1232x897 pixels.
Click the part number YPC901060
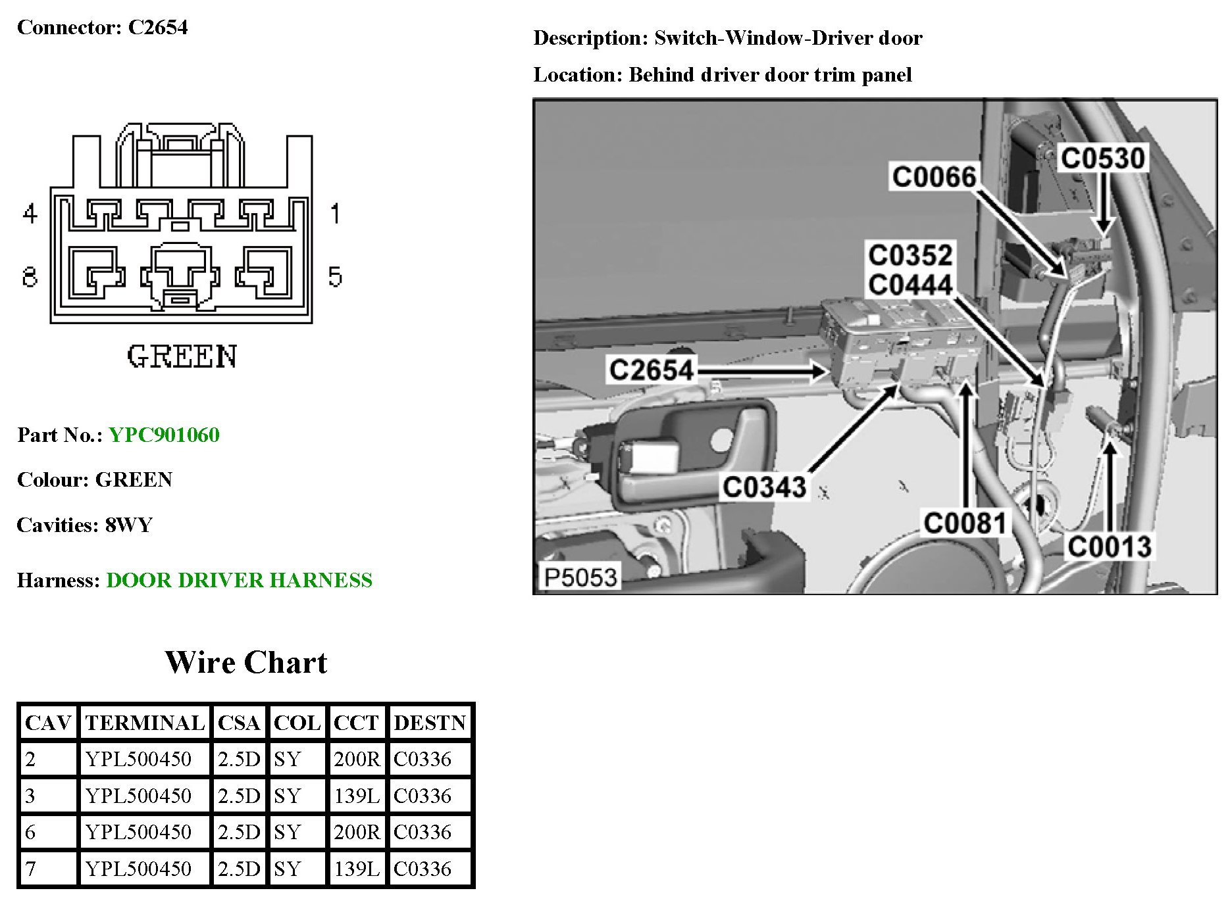(164, 435)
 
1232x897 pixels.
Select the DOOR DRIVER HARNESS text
(239, 580)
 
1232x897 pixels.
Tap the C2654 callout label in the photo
(651, 370)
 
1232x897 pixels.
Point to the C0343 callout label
(764, 487)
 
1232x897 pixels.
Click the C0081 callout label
(965, 523)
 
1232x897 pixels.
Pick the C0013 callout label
(1109, 546)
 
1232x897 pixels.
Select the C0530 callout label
(1103, 158)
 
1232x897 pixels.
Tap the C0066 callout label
(934, 177)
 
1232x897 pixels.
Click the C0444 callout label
(910, 285)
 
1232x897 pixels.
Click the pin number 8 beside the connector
(30, 277)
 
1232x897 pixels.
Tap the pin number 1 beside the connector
(335, 214)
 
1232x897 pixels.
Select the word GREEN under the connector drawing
(182, 356)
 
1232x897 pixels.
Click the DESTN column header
(430, 723)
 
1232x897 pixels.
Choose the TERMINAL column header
(145, 723)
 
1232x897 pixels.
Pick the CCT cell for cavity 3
(357, 796)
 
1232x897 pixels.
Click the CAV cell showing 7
(31, 869)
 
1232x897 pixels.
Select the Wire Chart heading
(245, 662)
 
